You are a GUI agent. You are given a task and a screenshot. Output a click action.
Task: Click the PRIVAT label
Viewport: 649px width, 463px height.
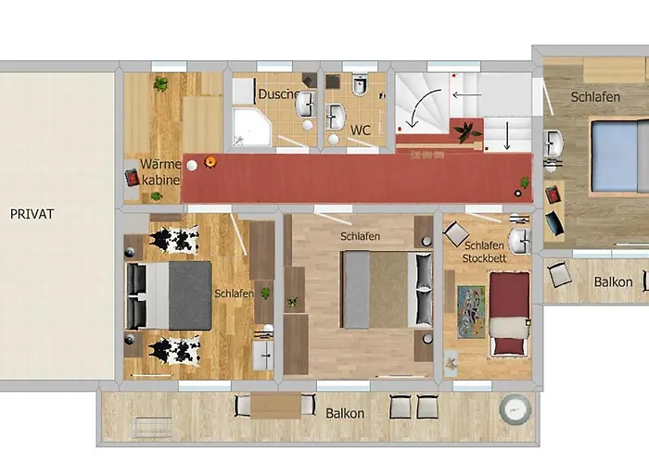(32, 214)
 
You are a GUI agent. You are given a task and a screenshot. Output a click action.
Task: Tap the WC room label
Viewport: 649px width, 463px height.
(360, 131)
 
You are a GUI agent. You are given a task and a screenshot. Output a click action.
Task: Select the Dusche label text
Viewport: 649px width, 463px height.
(278, 94)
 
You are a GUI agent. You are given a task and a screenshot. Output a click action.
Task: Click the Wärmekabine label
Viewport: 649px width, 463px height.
(160, 172)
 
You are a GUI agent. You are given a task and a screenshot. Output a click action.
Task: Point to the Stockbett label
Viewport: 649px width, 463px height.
(484, 258)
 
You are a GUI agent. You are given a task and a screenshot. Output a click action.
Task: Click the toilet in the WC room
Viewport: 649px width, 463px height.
(360, 84)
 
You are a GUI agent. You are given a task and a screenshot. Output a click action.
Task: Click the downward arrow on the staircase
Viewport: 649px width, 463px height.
(507, 135)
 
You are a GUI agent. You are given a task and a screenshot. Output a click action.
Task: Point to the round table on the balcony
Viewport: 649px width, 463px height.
(515, 409)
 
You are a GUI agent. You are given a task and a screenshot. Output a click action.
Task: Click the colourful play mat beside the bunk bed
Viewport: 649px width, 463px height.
(471, 312)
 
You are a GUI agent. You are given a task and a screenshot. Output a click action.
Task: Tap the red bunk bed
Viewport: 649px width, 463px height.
(510, 313)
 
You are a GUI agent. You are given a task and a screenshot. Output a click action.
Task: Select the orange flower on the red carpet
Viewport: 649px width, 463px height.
(210, 162)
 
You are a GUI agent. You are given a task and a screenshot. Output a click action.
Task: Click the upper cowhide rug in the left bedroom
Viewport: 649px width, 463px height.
(174, 239)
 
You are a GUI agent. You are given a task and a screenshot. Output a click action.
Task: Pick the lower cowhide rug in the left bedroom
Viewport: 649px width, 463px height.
(174, 350)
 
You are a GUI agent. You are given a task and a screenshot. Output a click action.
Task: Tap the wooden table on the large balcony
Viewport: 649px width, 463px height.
(275, 407)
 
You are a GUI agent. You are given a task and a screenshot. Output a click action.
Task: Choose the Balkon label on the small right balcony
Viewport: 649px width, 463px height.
(613, 282)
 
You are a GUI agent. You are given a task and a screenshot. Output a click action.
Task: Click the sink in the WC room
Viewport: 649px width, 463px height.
(336, 116)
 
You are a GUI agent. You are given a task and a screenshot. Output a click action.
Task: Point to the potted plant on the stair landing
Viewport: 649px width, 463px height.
(467, 131)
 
